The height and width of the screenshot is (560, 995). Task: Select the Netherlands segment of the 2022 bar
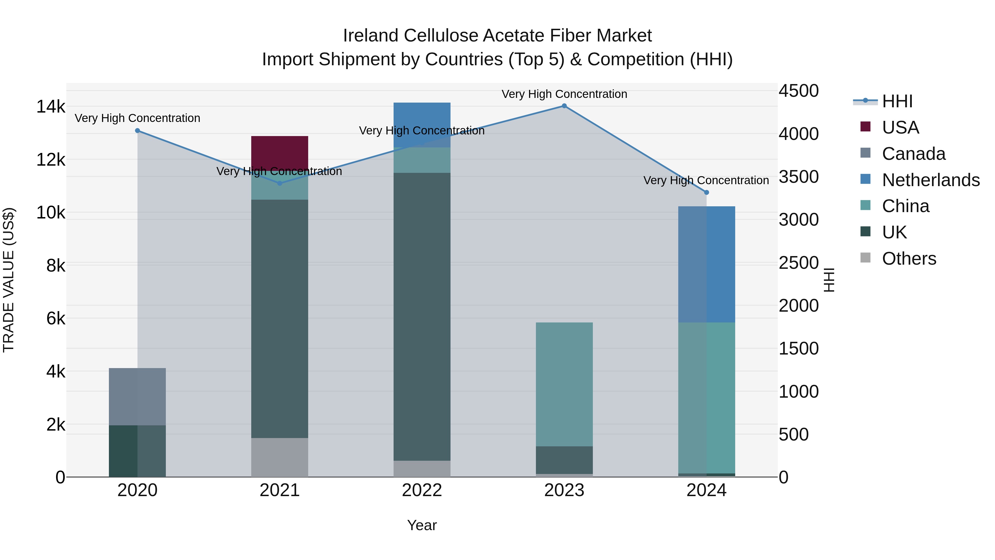(422, 124)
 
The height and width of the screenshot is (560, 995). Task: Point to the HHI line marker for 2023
(564, 106)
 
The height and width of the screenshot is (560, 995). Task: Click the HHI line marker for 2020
(138, 131)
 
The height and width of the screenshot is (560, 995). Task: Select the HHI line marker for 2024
(706, 192)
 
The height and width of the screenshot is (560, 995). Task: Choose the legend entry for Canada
(913, 154)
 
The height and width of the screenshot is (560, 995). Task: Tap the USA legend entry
(900, 127)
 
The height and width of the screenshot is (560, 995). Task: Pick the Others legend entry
(908, 259)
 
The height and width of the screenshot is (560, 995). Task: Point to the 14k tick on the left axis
(51, 107)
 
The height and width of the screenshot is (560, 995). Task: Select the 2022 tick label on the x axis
(422, 490)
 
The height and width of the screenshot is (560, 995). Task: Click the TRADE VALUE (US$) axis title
(9, 280)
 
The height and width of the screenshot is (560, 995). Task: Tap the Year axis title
(422, 525)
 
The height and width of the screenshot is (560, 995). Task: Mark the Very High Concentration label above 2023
(564, 94)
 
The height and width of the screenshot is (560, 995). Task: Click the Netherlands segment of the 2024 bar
(706, 264)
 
